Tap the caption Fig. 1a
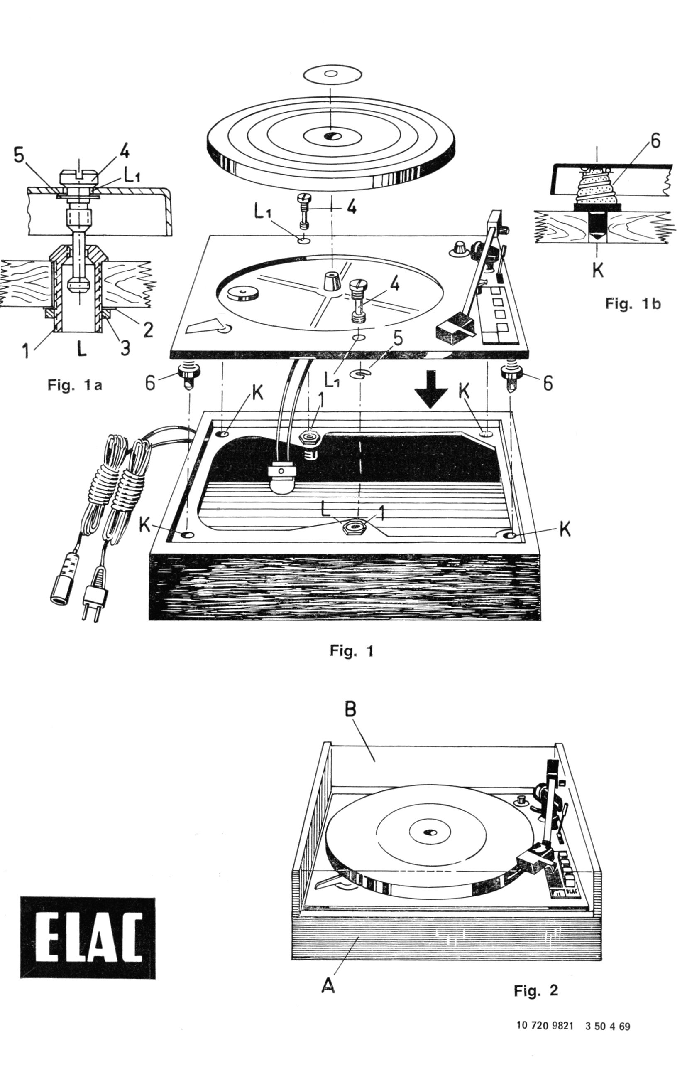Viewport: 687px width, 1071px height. pos(75,386)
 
